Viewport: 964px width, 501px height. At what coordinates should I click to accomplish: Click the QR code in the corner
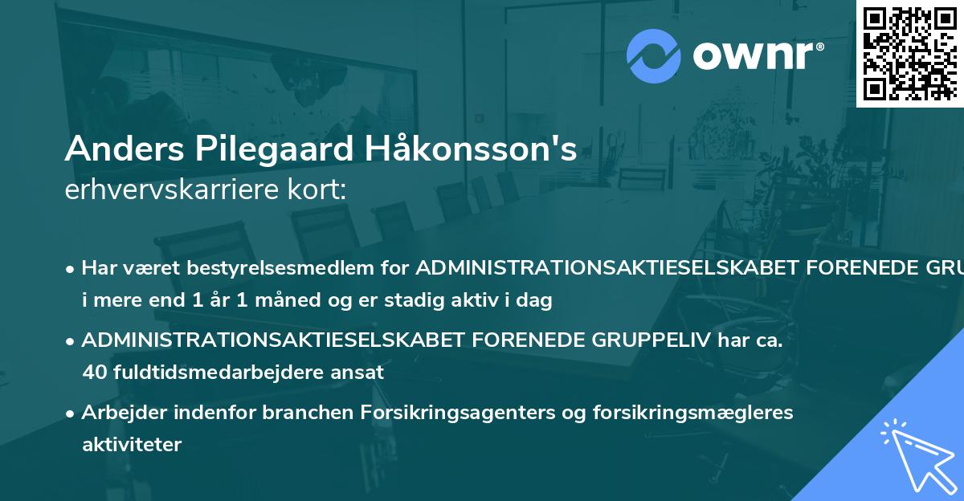pyautogui.click(x=910, y=53)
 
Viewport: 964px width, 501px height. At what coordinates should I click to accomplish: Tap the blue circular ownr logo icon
pyautogui.click(x=654, y=56)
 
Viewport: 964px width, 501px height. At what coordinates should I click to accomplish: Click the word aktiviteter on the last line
pyautogui.click(x=132, y=444)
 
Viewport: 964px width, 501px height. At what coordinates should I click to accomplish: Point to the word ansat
pyautogui.click(x=361, y=373)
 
